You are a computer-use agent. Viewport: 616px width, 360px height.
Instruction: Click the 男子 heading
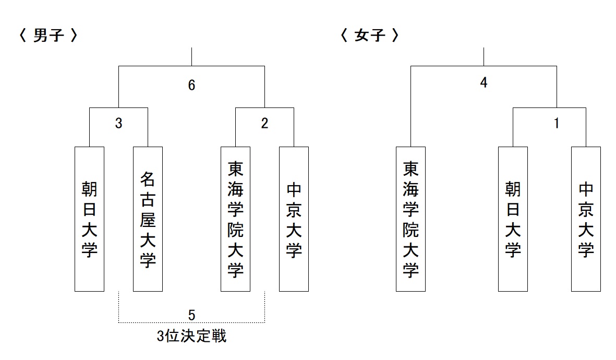[49, 35]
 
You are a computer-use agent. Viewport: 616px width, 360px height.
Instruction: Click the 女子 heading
[369, 35]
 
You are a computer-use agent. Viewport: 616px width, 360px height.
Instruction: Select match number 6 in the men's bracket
[192, 85]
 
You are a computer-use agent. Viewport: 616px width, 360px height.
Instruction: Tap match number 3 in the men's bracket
[118, 124]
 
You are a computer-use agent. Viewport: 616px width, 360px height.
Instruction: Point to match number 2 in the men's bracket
[265, 124]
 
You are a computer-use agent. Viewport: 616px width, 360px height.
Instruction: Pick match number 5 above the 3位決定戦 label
[192, 315]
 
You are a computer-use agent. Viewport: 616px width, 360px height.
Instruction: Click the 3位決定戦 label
[192, 336]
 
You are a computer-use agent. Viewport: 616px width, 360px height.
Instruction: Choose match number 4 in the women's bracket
[484, 82]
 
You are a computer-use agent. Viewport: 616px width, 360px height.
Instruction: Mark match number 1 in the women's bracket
[557, 124]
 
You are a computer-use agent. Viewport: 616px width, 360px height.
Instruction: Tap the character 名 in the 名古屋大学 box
[148, 179]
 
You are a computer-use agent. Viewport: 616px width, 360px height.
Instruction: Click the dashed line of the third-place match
[192, 322]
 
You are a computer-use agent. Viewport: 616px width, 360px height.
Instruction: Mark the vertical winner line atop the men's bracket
[192, 57]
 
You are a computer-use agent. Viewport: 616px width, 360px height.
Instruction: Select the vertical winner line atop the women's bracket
[484, 57]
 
